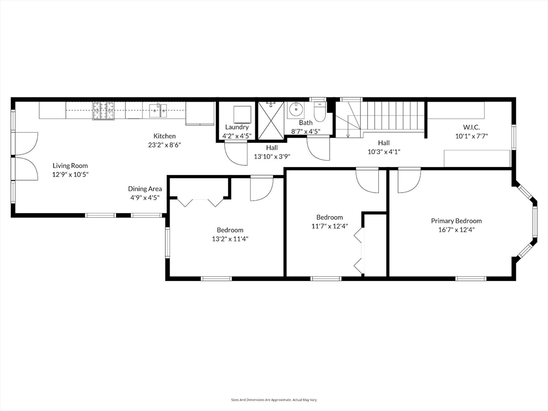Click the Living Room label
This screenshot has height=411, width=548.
click(x=70, y=165)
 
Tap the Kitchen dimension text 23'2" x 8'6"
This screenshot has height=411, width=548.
click(x=164, y=144)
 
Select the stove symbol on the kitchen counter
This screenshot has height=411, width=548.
click(x=103, y=110)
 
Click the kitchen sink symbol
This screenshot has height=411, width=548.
click(x=158, y=111)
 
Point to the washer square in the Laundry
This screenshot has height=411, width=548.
click(x=242, y=115)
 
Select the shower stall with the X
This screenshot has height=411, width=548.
click(x=272, y=121)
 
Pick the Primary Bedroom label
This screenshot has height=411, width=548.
click(x=456, y=220)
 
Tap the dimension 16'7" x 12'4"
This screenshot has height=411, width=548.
click(x=456, y=230)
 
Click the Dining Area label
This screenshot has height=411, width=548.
click(x=144, y=189)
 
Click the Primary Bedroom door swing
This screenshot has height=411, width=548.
click(x=408, y=182)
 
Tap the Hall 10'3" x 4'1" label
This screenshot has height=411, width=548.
click(x=384, y=147)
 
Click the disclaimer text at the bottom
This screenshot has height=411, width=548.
click(x=273, y=400)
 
